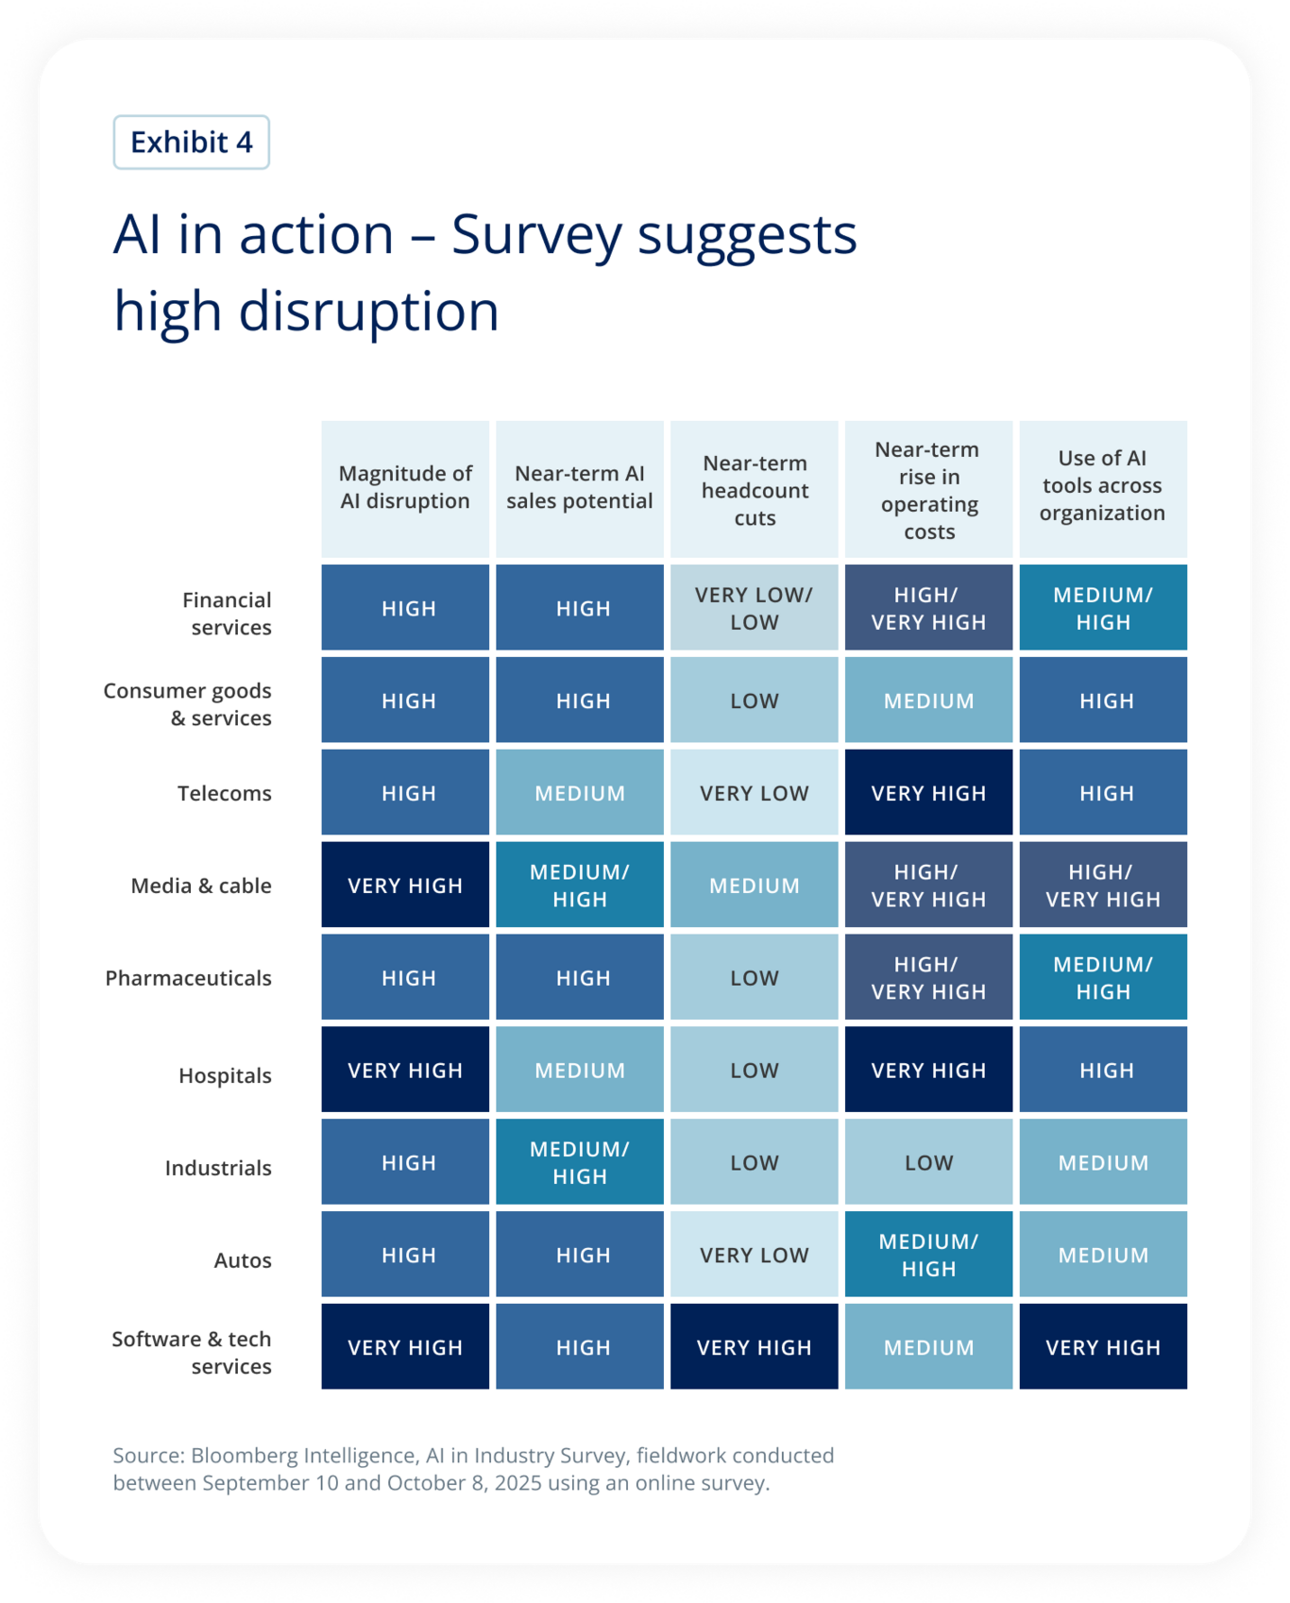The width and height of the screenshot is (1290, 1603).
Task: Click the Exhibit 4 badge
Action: (x=192, y=143)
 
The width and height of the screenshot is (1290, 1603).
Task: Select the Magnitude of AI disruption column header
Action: (x=405, y=488)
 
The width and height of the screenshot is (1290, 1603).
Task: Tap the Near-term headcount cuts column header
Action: (x=755, y=491)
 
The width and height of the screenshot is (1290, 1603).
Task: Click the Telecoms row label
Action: (x=225, y=793)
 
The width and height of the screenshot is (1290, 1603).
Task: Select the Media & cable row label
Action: (x=201, y=886)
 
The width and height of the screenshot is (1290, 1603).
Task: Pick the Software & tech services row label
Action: (x=193, y=1352)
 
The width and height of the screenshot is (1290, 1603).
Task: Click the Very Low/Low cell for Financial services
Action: (x=755, y=609)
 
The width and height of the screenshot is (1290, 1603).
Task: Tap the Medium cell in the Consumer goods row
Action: (x=928, y=701)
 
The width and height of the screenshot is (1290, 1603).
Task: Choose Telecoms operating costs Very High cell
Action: (x=928, y=793)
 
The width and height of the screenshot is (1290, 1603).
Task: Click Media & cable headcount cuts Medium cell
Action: (x=755, y=886)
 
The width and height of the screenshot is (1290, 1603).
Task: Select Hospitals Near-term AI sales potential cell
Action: (x=580, y=1071)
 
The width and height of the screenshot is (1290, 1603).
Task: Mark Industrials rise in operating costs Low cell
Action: (x=928, y=1163)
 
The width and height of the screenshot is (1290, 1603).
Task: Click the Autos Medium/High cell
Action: (x=928, y=1255)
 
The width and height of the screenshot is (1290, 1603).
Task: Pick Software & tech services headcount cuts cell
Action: (x=755, y=1347)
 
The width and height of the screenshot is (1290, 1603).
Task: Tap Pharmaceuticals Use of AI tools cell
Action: (x=1102, y=978)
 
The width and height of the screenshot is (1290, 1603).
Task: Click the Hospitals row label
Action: (x=226, y=1075)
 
